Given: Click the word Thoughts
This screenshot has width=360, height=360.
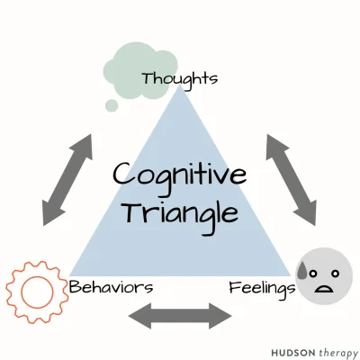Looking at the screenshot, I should coord(179,79).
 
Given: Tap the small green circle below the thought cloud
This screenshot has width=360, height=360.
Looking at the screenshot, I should coord(111,105).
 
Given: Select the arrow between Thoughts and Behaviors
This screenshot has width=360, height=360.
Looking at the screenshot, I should coord(67,179).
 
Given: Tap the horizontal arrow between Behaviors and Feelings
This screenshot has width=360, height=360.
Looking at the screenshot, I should coord(180,316).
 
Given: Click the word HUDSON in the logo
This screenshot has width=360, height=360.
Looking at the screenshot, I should coord(291,349).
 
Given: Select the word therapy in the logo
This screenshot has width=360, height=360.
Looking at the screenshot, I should coord(337,349).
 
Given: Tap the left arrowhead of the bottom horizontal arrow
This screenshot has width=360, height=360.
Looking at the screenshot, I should coord(137,316).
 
